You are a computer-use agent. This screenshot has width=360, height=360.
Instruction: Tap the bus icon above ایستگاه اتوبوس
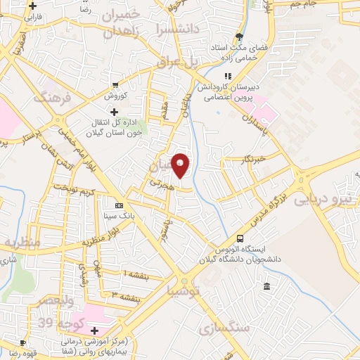[x=241, y=238]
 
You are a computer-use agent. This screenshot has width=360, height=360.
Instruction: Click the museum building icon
[x=267, y=286]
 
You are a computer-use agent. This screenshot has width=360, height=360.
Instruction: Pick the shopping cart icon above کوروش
[x=115, y=86]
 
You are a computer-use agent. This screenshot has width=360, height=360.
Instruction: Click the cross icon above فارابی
[x=32, y=6]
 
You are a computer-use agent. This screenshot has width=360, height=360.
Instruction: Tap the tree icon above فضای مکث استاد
[x=240, y=37]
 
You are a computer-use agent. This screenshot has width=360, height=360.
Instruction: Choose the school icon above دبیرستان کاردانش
[x=227, y=76]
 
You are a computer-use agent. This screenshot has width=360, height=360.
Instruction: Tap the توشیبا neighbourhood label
[x=184, y=290]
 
